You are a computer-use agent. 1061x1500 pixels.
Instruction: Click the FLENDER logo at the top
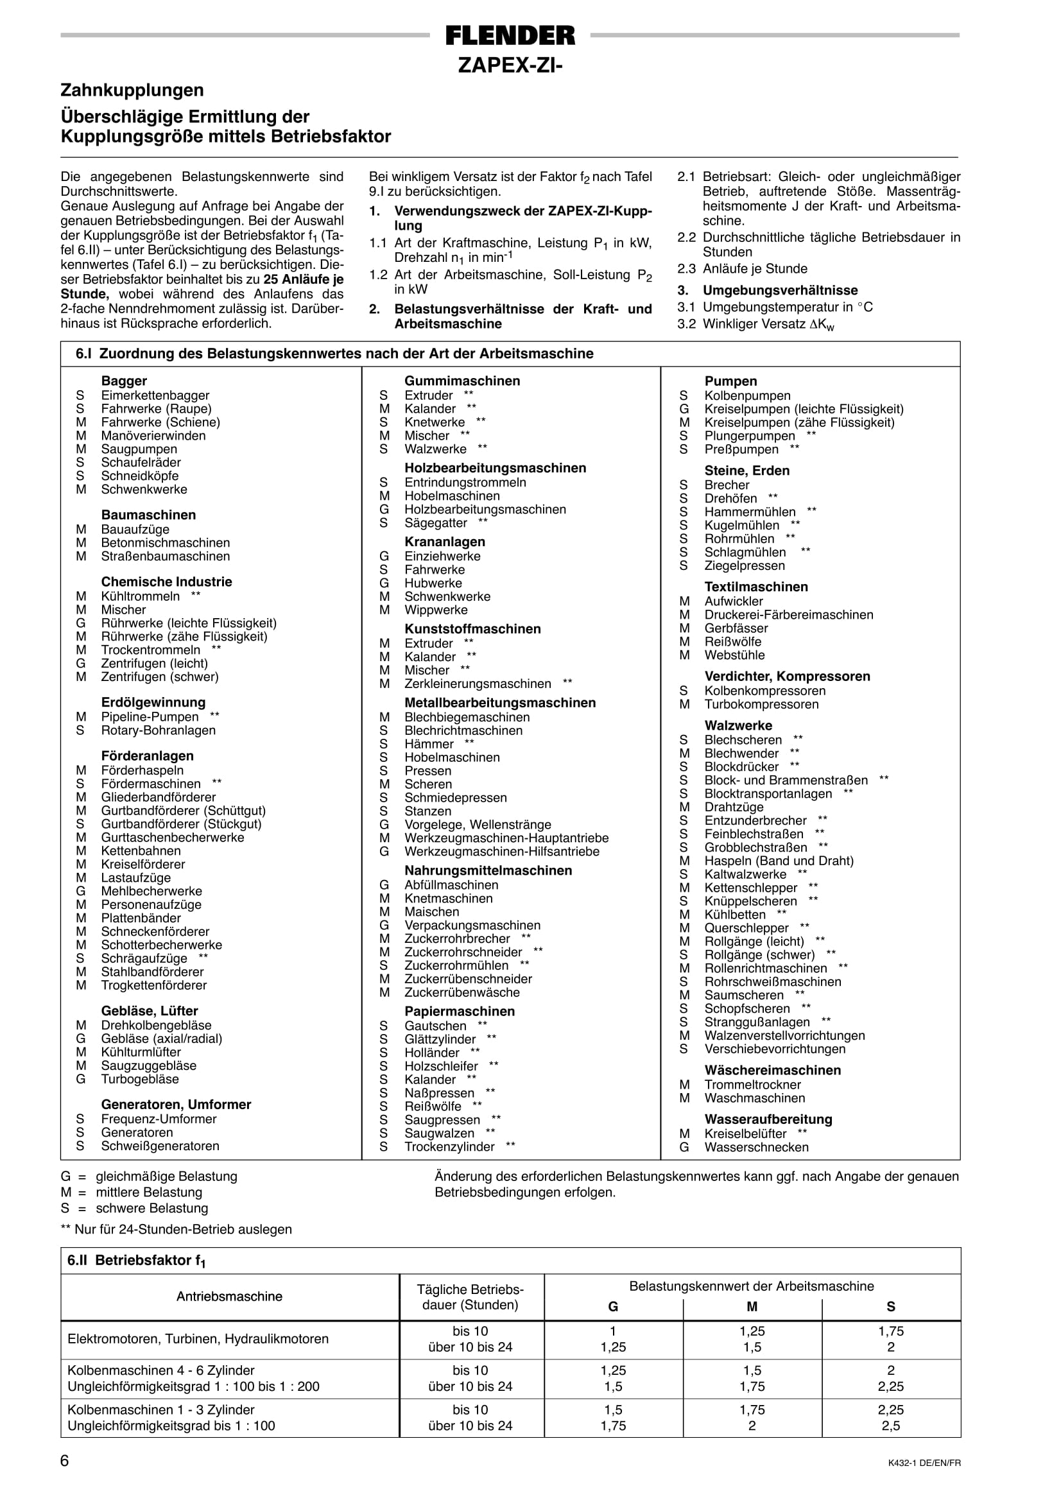pyautogui.click(x=510, y=35)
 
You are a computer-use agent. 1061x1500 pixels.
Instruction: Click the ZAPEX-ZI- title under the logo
pyautogui.click(x=510, y=66)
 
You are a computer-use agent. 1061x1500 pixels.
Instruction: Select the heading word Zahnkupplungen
pyautogui.click(x=132, y=90)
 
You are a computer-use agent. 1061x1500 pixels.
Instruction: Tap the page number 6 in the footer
pyautogui.click(x=65, y=1461)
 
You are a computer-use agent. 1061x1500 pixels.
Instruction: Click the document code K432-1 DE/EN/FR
pyautogui.click(x=919, y=1463)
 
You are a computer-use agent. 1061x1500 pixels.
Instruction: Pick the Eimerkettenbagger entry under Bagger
pyautogui.click(x=155, y=395)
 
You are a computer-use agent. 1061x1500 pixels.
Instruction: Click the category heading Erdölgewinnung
pyautogui.click(x=153, y=702)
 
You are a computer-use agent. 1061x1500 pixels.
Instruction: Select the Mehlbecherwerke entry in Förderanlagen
pyautogui.click(x=151, y=891)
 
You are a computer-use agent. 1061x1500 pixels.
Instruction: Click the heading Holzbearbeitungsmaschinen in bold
pyautogui.click(x=496, y=468)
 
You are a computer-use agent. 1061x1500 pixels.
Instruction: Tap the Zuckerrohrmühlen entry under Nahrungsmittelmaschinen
pyautogui.click(x=456, y=965)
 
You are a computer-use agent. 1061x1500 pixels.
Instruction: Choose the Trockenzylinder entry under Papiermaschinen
pyautogui.click(x=449, y=1146)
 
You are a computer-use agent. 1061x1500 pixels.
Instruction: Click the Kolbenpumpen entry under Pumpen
pyautogui.click(x=746, y=396)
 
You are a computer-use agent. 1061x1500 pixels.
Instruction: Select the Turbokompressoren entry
pyautogui.click(x=761, y=704)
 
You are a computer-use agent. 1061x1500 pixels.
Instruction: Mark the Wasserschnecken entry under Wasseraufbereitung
pyautogui.click(x=756, y=1147)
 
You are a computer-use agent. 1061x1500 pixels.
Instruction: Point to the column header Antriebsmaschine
pyautogui.click(x=229, y=1296)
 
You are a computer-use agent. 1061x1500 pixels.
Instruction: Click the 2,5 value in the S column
pyautogui.click(x=890, y=1426)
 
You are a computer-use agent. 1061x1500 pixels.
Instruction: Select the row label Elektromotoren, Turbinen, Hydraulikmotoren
pyautogui.click(x=198, y=1339)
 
